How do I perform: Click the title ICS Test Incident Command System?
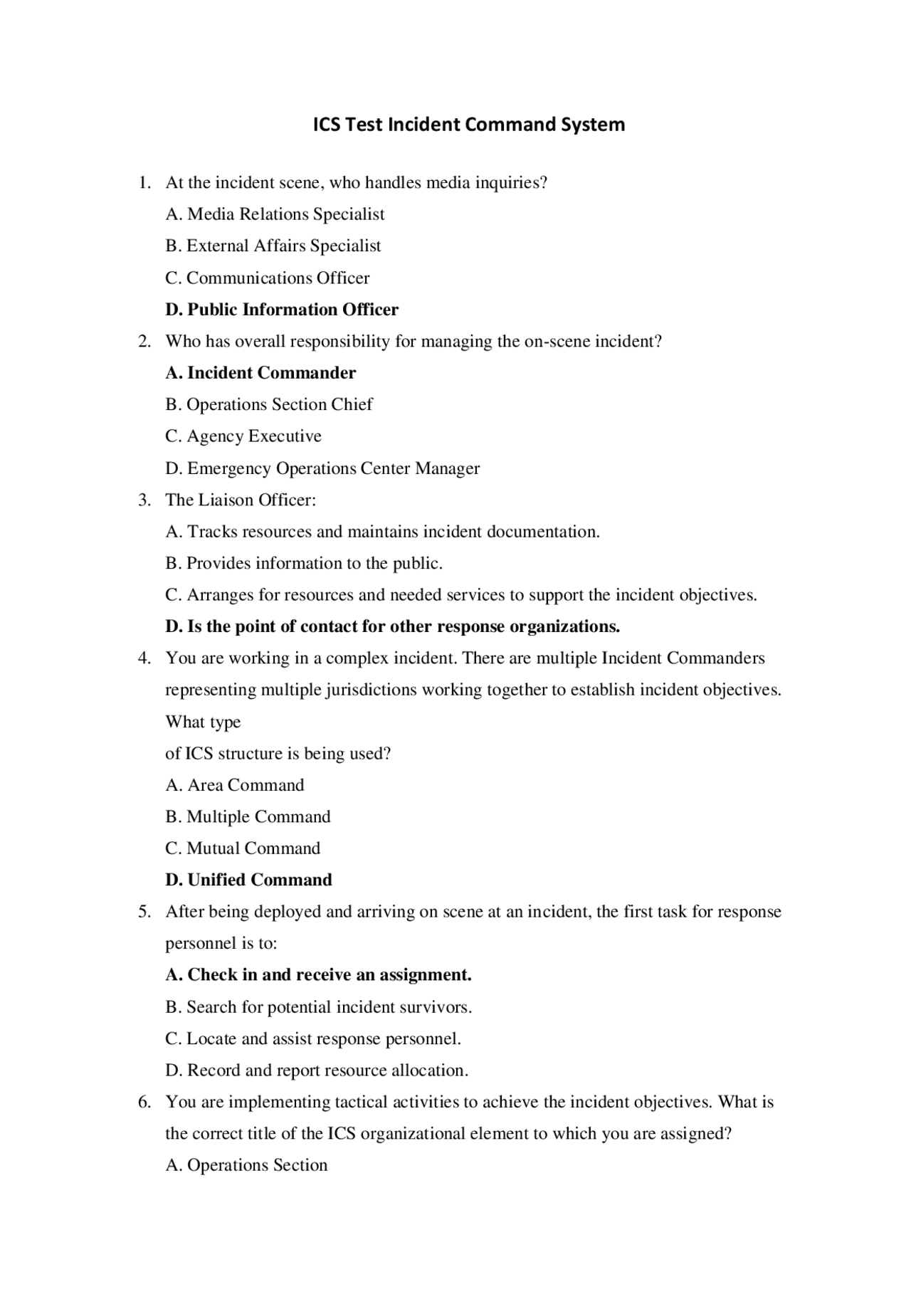coord(469,125)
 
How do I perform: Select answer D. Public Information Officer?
coord(282,310)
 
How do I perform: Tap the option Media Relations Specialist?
coord(275,214)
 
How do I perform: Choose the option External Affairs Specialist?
coord(273,246)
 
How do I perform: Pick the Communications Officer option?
coord(268,278)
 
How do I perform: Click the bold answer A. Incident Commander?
coord(260,373)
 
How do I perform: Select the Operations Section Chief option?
coord(269,404)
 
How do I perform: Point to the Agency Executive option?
coord(243,436)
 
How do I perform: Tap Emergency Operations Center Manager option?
coord(322,468)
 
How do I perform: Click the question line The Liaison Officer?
coord(241,500)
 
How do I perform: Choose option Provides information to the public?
coord(304,564)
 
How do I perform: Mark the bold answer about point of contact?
coord(392,627)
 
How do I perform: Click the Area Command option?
coord(235,785)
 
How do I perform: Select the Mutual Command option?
coord(243,848)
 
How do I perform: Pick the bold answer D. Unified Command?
coord(248,880)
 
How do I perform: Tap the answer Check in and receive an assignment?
coord(318,975)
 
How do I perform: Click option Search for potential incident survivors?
coord(319,1007)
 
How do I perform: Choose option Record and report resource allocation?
coord(317,1070)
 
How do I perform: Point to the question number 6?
coord(144,1103)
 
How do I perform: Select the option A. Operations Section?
coord(246,1165)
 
